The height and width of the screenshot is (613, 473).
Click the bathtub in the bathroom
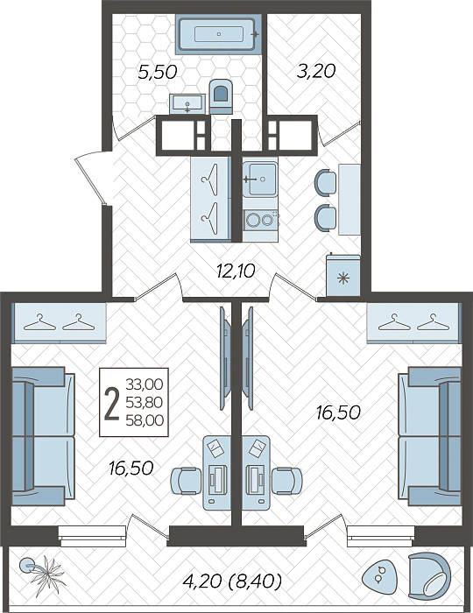click(x=218, y=34)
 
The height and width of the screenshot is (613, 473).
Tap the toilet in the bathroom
click(x=221, y=96)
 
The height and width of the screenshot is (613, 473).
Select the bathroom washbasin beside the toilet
click(x=187, y=104)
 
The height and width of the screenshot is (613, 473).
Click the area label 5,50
click(x=158, y=73)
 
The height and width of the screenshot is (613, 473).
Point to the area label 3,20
click(x=316, y=72)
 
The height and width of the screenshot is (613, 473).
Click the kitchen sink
click(x=259, y=180)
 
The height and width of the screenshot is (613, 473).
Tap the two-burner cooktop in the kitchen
click(x=260, y=219)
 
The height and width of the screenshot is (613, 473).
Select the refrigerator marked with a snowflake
click(x=343, y=275)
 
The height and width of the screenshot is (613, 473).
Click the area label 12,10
click(x=236, y=270)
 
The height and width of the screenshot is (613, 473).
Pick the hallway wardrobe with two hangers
click(x=211, y=200)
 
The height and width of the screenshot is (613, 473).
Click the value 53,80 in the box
click(x=145, y=402)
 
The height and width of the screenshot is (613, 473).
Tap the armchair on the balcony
click(x=429, y=579)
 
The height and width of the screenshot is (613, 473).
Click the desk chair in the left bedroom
click(x=186, y=482)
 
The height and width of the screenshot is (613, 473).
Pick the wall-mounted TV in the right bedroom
click(x=247, y=358)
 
